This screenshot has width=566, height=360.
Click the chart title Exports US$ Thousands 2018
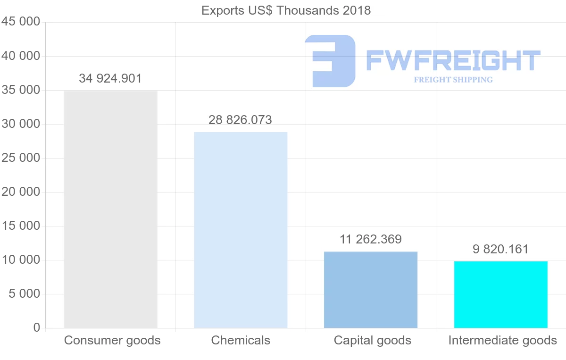coord(286,10)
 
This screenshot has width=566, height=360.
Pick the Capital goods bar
coord(371,290)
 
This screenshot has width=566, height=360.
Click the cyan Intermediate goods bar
coord(501,294)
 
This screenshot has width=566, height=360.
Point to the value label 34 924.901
coord(110,78)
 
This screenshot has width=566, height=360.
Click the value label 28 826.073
coord(241,120)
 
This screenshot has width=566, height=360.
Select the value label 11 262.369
coord(371,239)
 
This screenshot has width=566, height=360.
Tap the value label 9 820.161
coord(501,249)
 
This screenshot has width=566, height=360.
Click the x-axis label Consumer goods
coord(112,340)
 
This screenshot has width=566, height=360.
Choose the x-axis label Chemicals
coord(241,340)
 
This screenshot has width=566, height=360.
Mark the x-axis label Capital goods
coord(373,340)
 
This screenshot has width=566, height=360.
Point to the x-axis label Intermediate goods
coord(503,340)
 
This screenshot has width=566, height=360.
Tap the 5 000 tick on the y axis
coord(24,294)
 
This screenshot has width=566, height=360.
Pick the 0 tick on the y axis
coord(37,328)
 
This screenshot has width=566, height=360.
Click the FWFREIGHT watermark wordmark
coord(453,61)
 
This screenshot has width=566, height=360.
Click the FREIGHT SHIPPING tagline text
coord(453,80)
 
